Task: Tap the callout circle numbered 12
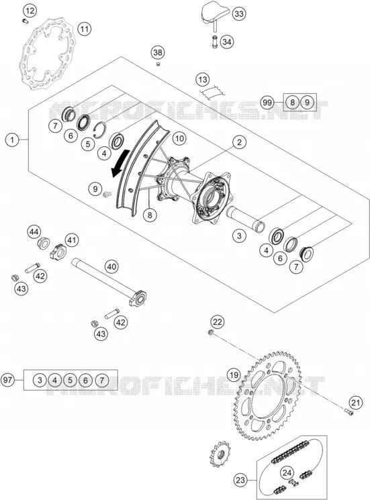tap(30, 11)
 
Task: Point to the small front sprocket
tap(220, 454)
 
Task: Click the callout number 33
tap(239, 13)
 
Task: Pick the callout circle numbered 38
tap(158, 52)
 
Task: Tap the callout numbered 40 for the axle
tap(111, 266)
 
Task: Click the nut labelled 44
tap(43, 244)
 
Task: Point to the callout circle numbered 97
tap(7, 380)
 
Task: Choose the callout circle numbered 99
tap(267, 103)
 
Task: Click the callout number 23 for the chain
tap(240, 480)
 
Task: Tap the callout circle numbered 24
tap(287, 472)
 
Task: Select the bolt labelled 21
tap(349, 413)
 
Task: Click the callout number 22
tap(217, 321)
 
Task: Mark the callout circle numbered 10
tap(179, 138)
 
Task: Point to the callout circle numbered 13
tap(203, 79)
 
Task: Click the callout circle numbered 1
tap(12, 140)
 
